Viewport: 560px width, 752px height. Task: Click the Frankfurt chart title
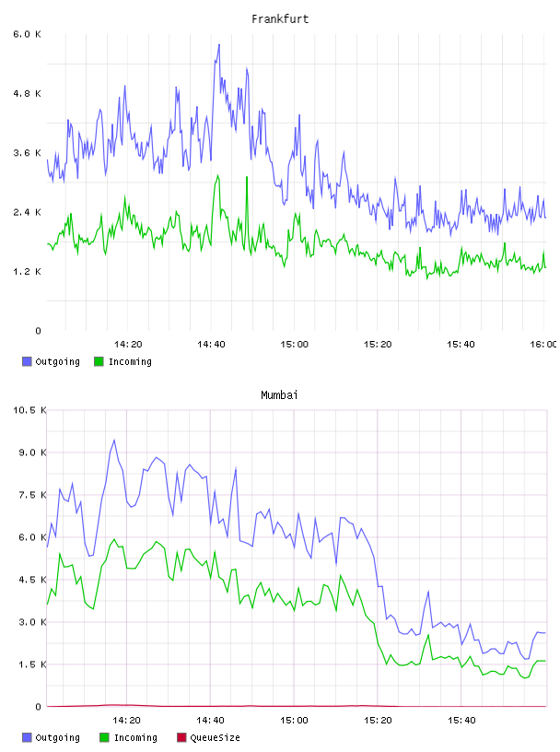280,19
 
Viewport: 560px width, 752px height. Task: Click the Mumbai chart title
279,395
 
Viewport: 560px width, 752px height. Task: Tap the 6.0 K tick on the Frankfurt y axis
27,34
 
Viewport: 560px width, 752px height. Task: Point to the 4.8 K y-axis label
27,93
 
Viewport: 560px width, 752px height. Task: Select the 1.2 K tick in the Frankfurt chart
27,272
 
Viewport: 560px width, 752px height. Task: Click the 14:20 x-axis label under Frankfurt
128,344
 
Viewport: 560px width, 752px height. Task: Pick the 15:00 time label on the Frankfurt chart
295,344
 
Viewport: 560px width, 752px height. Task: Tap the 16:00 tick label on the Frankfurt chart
543,344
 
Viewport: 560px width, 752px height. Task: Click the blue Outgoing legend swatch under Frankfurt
27,361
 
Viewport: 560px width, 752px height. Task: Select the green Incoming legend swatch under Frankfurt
99,361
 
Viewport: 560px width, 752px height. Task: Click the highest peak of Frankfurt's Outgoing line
219,44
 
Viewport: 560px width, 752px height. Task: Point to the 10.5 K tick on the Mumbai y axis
29,410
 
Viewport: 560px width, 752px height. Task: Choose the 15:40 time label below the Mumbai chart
461,720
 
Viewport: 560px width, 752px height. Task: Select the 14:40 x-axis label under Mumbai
211,720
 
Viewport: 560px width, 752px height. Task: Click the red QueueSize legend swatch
181,737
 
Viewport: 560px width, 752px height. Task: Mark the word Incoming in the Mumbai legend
135,737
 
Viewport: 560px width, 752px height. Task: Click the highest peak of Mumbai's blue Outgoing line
114,441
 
